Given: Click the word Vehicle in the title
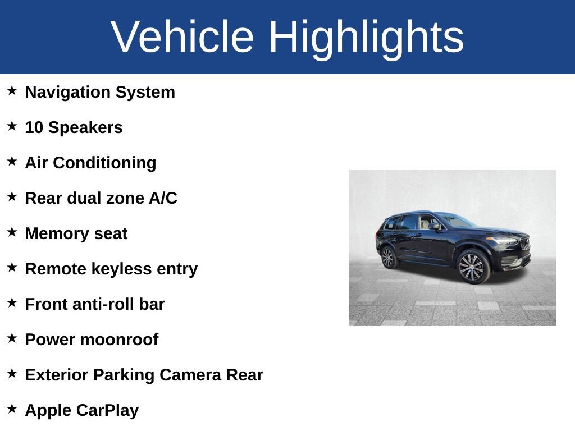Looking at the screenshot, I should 182,37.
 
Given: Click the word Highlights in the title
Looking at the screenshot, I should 366,37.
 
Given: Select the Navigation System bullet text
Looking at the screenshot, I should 100,92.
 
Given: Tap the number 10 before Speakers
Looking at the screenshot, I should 34,127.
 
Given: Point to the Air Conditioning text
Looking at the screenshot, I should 90,163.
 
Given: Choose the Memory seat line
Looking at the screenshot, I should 76,233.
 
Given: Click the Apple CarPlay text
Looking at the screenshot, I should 81,410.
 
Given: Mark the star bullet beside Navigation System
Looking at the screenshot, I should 12,90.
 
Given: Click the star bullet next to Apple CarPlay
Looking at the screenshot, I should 12,409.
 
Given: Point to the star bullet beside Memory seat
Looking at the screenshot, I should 12,232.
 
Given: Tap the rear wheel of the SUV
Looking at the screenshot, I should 387,258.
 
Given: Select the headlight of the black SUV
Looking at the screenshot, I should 504,241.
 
